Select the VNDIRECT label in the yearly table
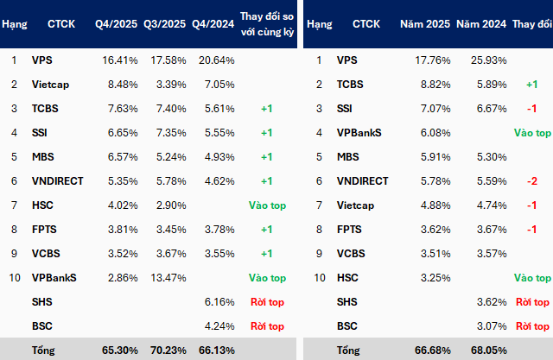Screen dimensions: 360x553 click(x=364, y=181)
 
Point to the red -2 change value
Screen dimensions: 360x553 click(x=532, y=181)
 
